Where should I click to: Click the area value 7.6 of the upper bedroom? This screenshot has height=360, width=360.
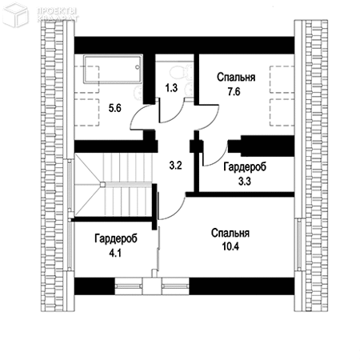[x=233, y=92]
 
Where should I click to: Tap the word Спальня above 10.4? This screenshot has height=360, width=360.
[x=230, y=234]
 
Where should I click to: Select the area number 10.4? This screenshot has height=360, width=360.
[x=230, y=247]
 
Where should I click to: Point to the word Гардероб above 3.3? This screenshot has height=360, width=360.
[x=244, y=167]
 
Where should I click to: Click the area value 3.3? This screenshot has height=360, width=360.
[x=245, y=181]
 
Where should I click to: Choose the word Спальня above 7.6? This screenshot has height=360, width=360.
[x=236, y=78]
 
